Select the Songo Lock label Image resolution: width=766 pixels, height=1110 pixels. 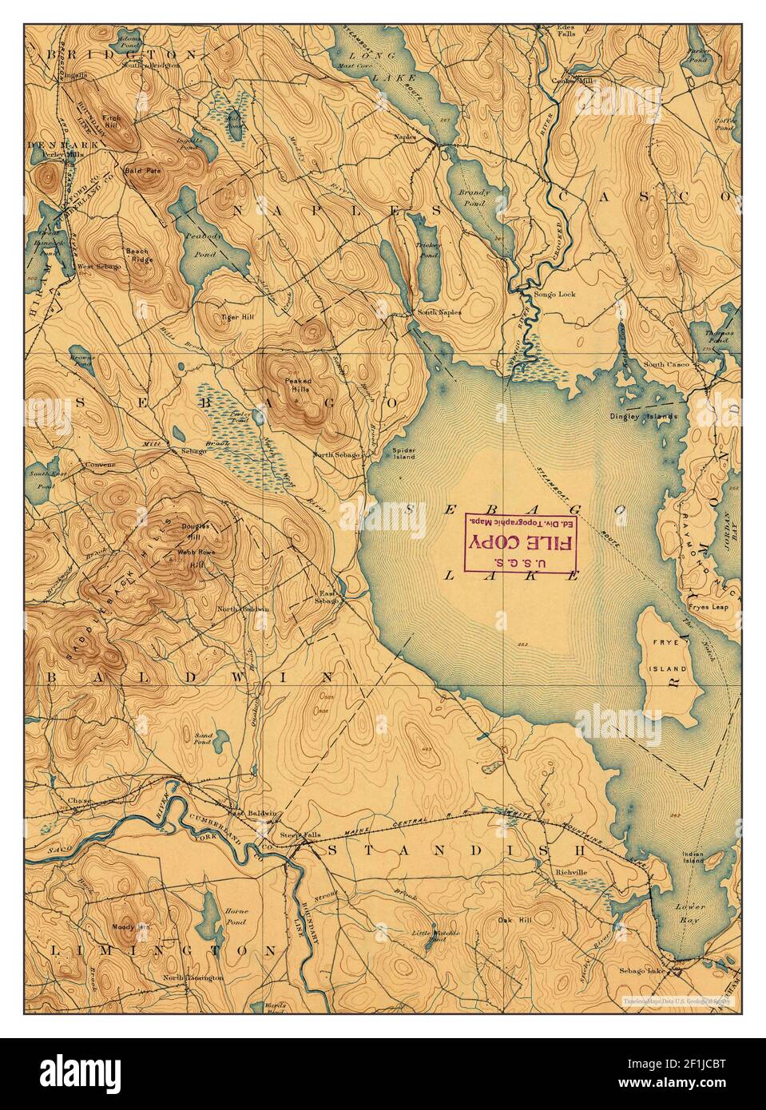coord(557,294)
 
